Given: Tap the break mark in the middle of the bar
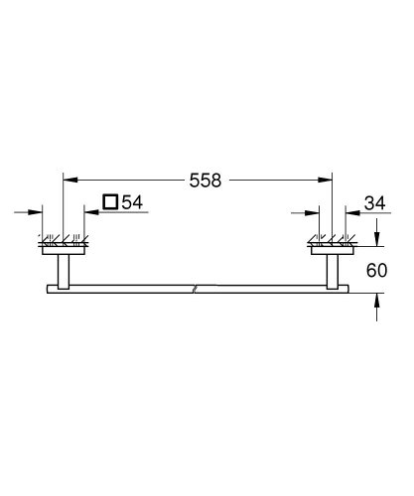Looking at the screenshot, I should pos(198,289).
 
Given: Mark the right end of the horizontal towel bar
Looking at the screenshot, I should pos(347,289).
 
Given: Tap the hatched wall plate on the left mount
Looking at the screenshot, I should pos(64,242).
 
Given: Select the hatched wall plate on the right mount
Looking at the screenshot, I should pos(332,242).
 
